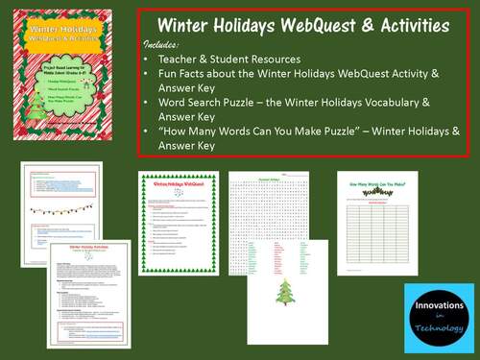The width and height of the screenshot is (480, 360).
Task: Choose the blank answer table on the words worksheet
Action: (376, 235)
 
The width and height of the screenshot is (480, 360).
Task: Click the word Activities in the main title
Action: (395, 25)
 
